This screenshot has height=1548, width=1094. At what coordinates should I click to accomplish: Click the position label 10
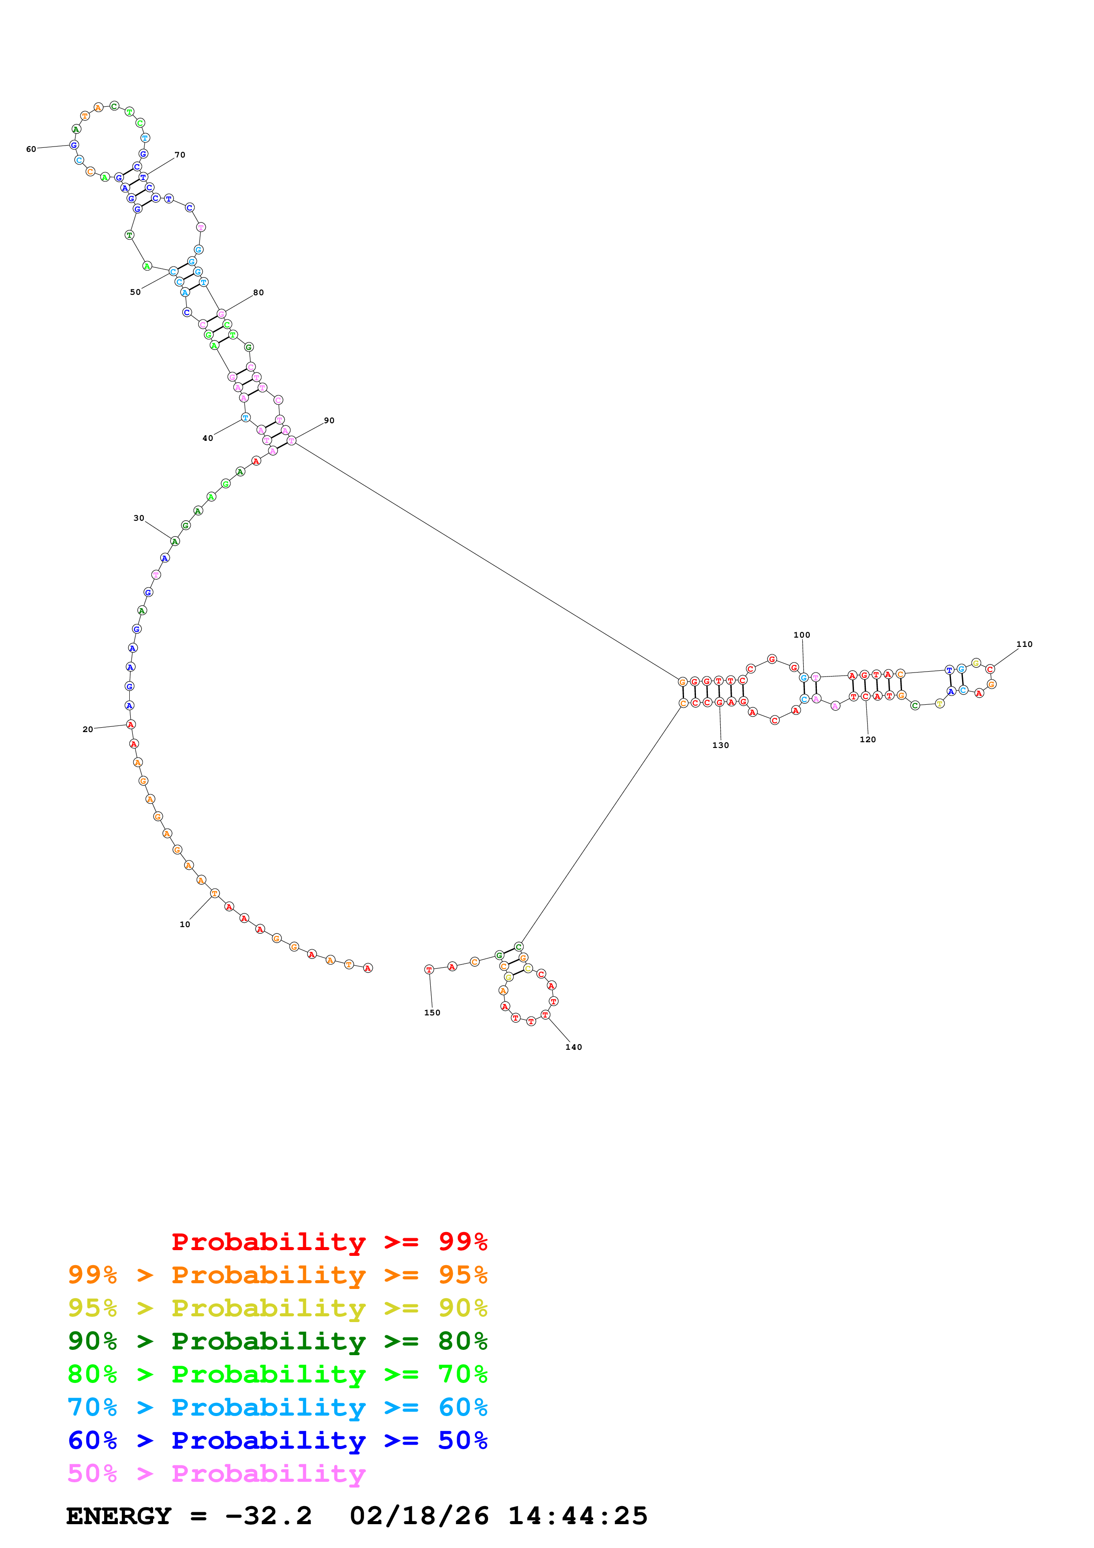[x=185, y=924]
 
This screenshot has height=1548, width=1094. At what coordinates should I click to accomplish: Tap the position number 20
[x=88, y=729]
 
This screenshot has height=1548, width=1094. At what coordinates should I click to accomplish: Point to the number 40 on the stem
[x=207, y=438]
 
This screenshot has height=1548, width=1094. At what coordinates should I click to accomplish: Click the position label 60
[x=31, y=149]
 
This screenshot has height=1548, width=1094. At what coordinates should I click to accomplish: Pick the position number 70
[x=180, y=155]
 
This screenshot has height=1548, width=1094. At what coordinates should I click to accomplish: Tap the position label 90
[x=329, y=420]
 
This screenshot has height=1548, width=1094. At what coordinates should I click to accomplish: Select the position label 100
[x=801, y=635]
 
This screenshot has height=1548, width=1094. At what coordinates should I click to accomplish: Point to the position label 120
[x=868, y=740]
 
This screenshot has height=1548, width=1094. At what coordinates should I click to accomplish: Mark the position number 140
[x=574, y=1047]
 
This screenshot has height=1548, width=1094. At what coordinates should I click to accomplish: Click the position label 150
[x=432, y=1013]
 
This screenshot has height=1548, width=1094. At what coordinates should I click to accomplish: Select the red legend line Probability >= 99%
[x=329, y=1242]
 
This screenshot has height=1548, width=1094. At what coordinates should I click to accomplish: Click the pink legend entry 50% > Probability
[x=216, y=1474]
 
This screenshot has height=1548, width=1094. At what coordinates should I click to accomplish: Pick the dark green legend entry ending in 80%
[x=278, y=1341]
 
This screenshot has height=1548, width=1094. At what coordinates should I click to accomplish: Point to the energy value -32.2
[x=268, y=1516]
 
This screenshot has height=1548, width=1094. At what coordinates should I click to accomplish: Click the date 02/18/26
[x=419, y=1516]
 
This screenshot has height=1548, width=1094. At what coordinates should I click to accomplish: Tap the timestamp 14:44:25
[x=577, y=1516]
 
